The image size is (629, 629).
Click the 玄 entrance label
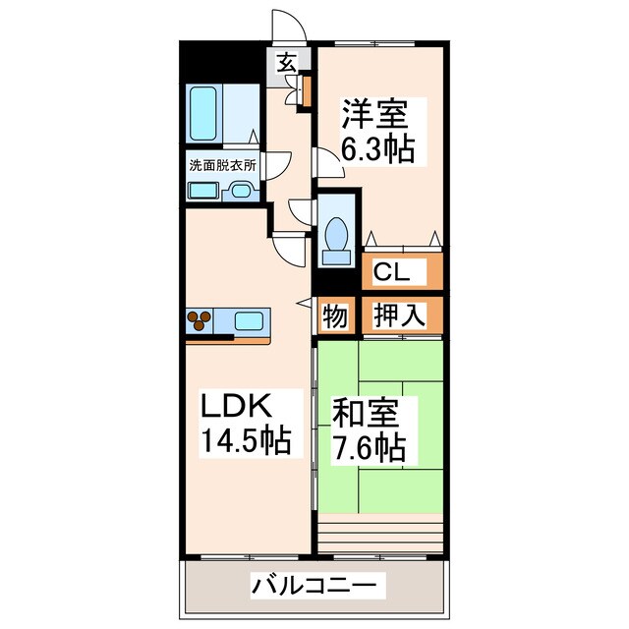pyautogui.click(x=285, y=63)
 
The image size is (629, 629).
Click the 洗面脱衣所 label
pyautogui.click(x=222, y=165)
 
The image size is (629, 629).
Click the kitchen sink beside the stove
pyautogui.click(x=248, y=320)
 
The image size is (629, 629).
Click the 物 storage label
pyautogui.click(x=335, y=316)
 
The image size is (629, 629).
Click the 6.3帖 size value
pyautogui.click(x=377, y=149)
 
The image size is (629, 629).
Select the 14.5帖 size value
pyautogui.click(x=247, y=441)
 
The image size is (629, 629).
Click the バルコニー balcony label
pyautogui.click(x=314, y=586)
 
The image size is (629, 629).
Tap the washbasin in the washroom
pyautogui.click(x=241, y=192)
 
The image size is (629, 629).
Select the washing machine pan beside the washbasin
pyautogui.click(x=203, y=191)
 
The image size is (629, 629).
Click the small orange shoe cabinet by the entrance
pyautogui.click(x=306, y=90)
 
